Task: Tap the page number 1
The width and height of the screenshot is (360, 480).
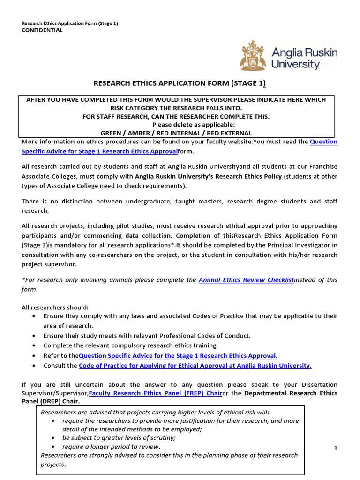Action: click(336, 448)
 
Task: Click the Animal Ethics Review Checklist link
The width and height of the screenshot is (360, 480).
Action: click(246, 280)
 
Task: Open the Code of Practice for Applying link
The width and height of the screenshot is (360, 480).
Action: click(195, 365)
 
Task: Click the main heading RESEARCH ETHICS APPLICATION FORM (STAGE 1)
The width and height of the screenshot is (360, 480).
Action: click(180, 84)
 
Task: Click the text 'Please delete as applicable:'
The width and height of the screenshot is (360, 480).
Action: click(194, 125)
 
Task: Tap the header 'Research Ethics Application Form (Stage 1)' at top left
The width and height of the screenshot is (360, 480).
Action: click(70, 23)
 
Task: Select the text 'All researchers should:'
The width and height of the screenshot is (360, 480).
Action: click(55, 307)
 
